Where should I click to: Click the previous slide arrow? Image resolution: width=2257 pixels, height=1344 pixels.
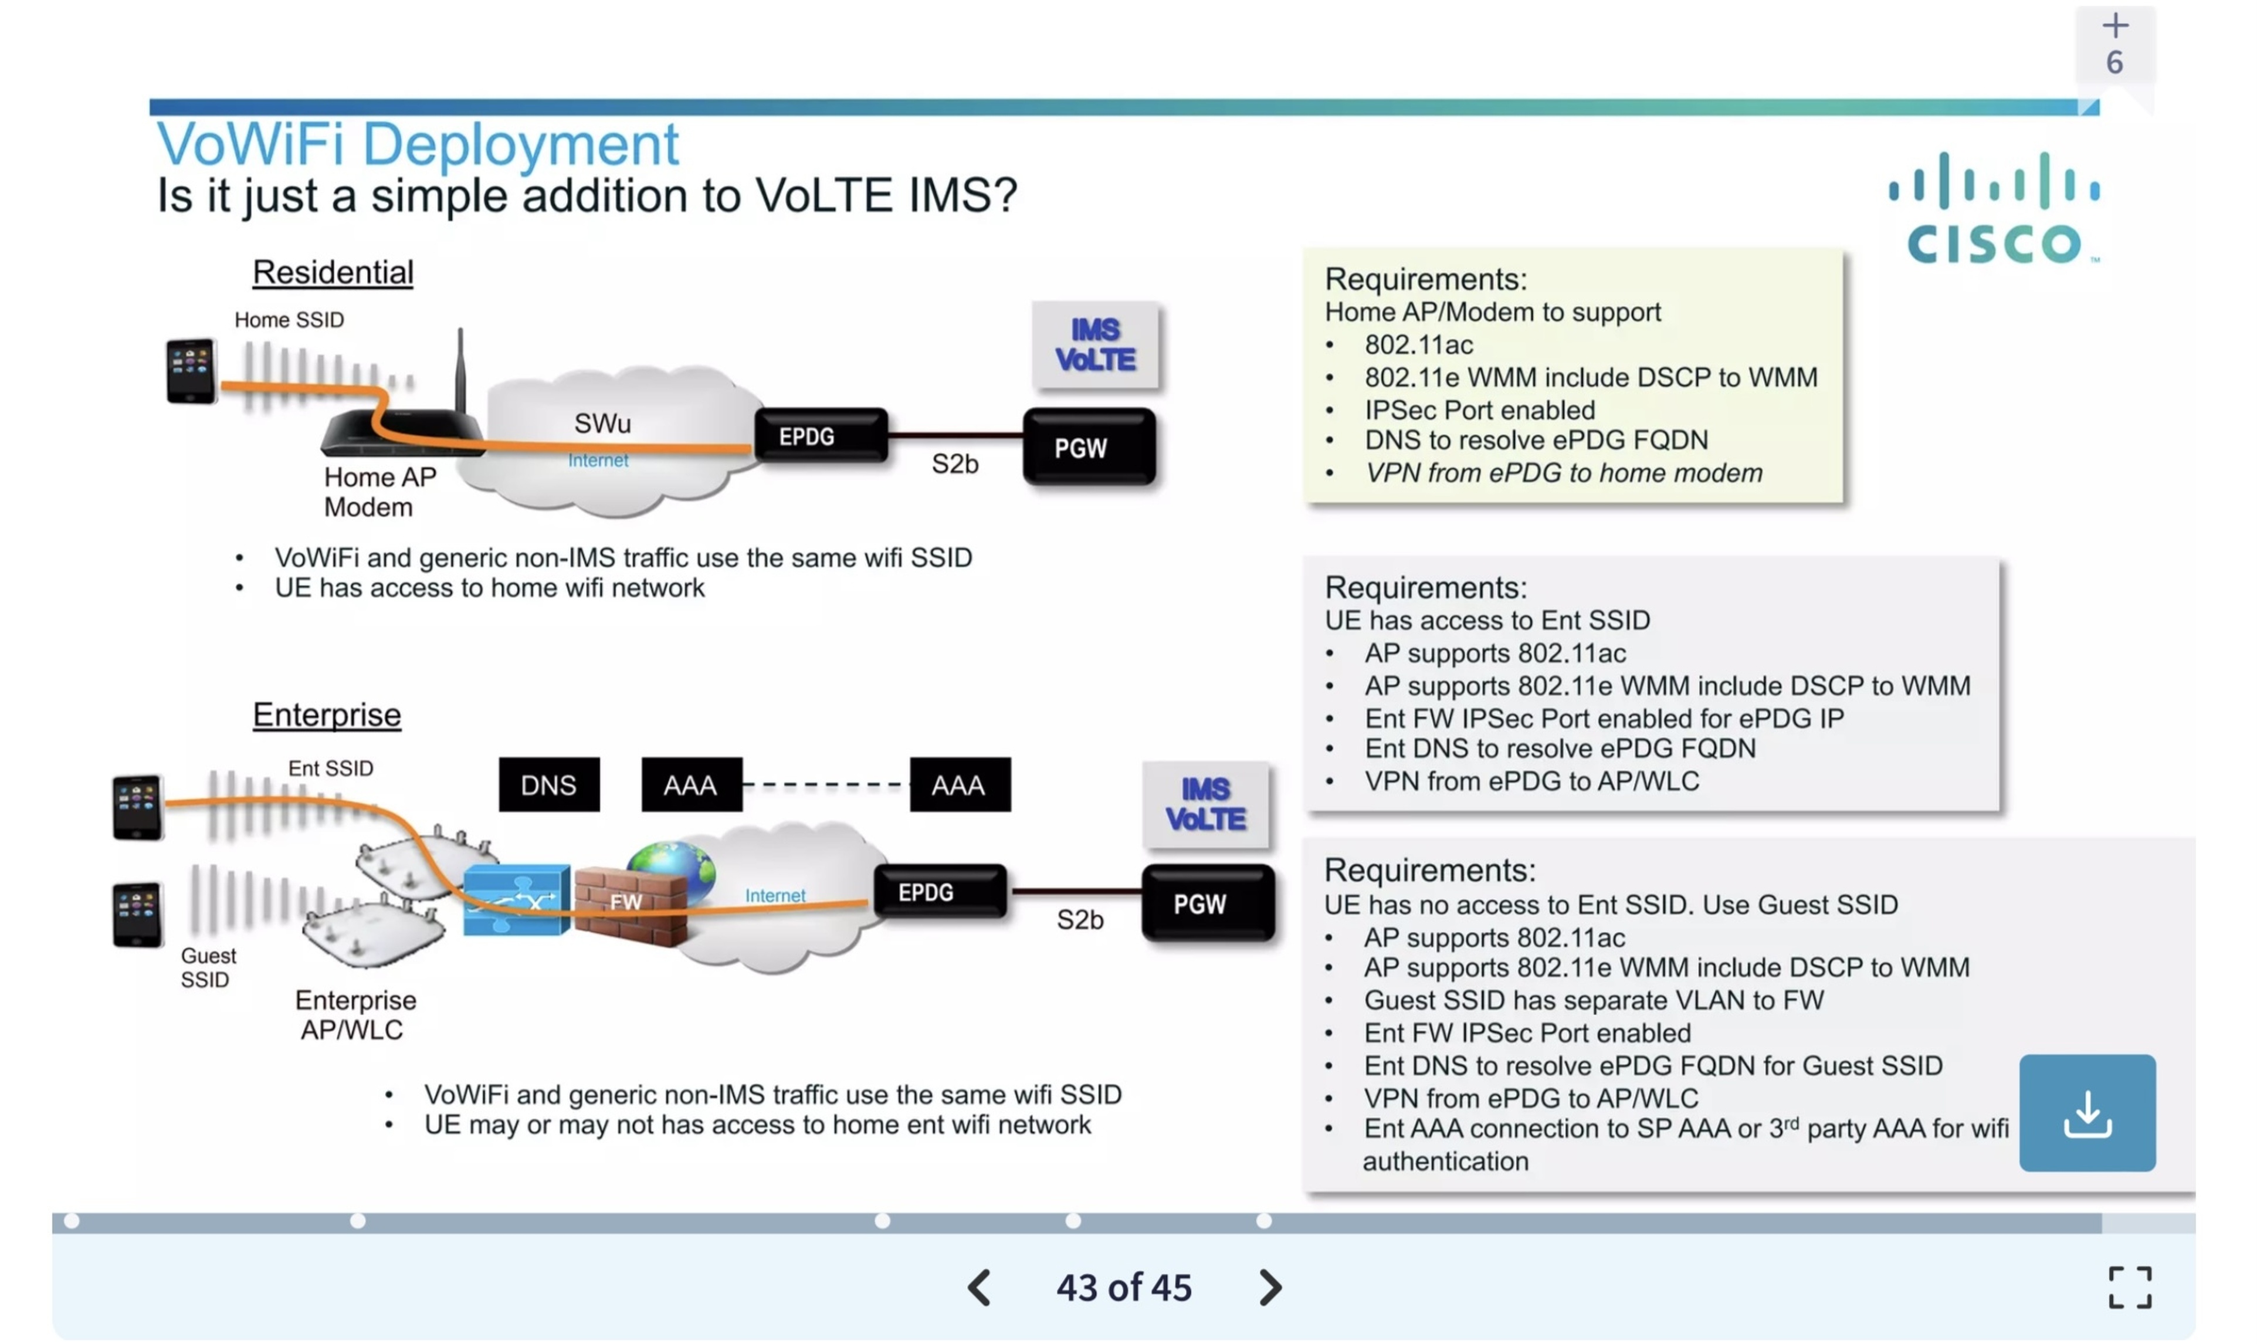click(x=979, y=1287)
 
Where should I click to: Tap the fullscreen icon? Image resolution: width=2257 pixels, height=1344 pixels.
click(x=2129, y=1287)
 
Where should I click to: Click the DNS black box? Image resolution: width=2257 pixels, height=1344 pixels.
click(x=548, y=784)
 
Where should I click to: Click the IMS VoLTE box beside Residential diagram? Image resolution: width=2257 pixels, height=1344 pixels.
click(x=1094, y=345)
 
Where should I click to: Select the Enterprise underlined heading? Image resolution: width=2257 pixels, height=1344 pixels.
click(x=326, y=715)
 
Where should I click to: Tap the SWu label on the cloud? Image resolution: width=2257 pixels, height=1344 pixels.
click(x=602, y=423)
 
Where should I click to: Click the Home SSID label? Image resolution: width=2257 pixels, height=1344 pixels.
click(x=289, y=320)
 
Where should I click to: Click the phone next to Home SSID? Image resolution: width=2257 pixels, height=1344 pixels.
click(x=191, y=370)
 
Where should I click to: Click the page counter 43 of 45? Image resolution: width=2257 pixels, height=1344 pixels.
click(x=1124, y=1287)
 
